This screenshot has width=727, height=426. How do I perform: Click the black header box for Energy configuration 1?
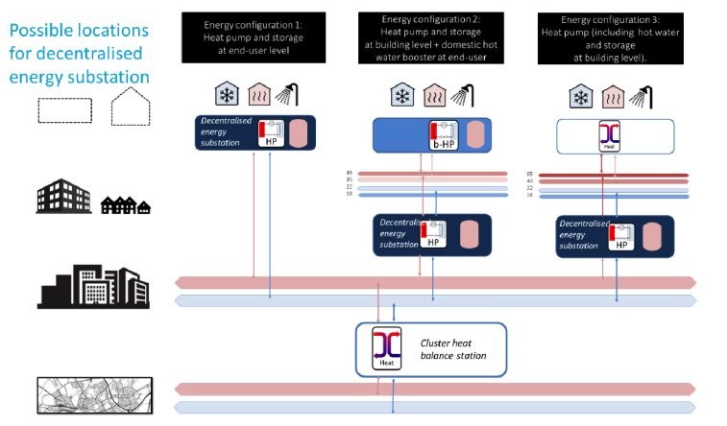(253, 35)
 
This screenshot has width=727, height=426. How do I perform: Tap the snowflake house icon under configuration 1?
(226, 95)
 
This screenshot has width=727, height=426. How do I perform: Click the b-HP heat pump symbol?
(443, 137)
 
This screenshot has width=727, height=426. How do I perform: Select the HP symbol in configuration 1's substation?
(271, 133)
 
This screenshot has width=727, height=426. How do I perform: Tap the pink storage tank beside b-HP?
(475, 135)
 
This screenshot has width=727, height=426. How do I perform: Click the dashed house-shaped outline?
(131, 106)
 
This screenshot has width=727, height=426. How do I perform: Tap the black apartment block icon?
(62, 195)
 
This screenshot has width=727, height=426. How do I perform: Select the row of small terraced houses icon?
(126, 203)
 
